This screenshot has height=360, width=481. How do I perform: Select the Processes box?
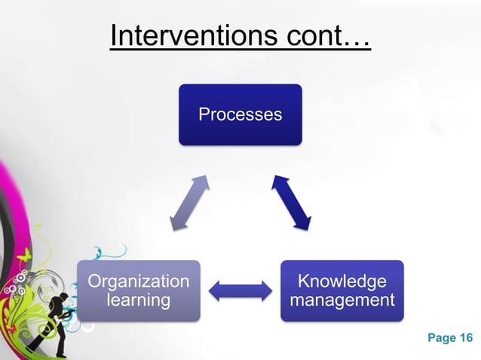pos(240,114)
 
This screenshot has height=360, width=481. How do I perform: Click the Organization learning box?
pos(139,291)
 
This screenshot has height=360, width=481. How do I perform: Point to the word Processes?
pos(240,114)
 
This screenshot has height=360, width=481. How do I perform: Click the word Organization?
pos(139,282)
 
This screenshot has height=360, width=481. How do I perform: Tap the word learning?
pos(139,301)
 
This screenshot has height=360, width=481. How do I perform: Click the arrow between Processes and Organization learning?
pos(188,203)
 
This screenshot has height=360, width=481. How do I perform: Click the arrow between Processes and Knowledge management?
pos(292,203)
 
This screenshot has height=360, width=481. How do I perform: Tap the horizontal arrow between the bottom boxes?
pos(240,291)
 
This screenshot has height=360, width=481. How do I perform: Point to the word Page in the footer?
pos(442,337)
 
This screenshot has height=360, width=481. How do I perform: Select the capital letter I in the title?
pos(113,35)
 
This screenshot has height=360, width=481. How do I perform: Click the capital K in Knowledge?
pos(304,282)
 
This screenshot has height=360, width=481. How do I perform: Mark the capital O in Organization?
pos(95,282)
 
